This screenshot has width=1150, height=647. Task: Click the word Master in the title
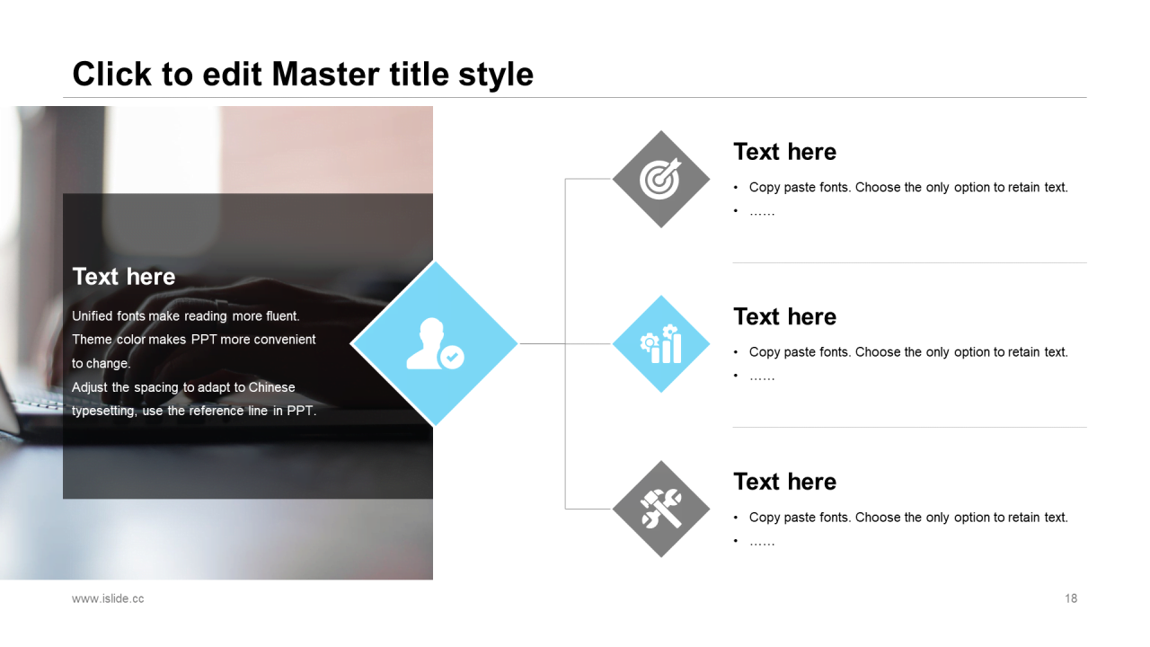326,74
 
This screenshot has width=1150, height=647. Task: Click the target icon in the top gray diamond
660,179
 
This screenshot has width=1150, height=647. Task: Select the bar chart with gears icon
661,343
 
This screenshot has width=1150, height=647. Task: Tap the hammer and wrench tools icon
661,509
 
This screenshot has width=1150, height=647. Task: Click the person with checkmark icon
435,343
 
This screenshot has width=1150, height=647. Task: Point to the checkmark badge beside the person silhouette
452,357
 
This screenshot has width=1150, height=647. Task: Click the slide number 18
1071,598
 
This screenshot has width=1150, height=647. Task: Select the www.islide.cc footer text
108,598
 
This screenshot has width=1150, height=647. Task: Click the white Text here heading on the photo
124,276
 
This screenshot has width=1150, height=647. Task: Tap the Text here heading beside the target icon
785,152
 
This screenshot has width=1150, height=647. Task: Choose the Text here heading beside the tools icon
785,482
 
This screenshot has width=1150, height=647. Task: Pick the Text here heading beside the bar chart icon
785,317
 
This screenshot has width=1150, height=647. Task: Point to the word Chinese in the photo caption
271,387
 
